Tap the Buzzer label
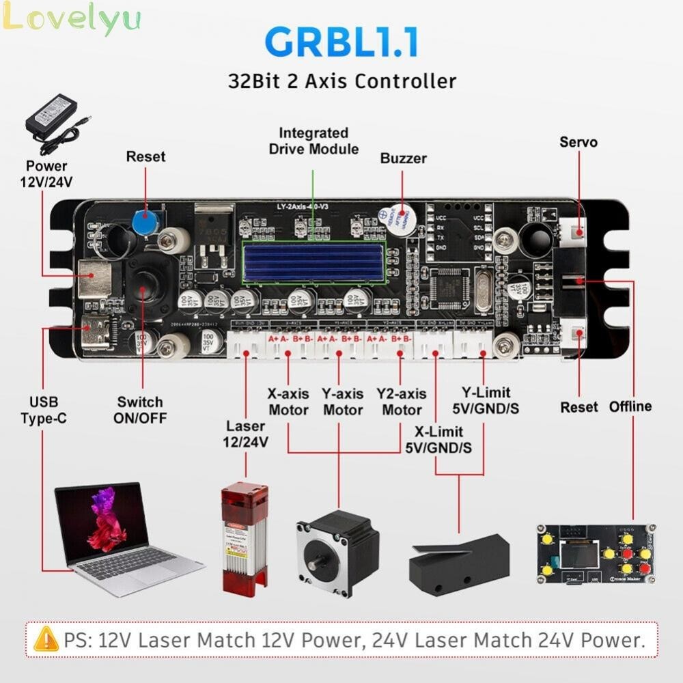[403, 158]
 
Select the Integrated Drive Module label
[313, 141]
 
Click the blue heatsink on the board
[313, 261]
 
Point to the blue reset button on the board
[144, 221]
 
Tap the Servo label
[578, 142]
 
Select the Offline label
[630, 406]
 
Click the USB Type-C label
[44, 409]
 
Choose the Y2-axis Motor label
[402, 402]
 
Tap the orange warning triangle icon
[46, 640]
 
